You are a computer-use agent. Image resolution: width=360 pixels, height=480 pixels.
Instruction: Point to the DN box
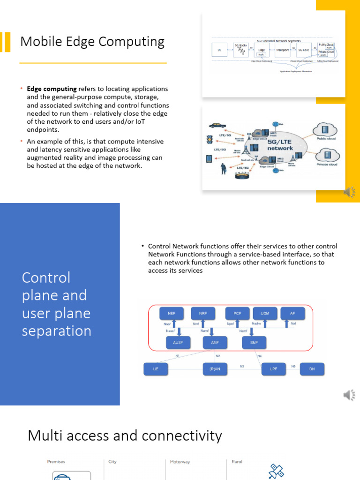(312, 369)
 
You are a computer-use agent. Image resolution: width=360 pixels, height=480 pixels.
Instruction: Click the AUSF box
(178, 343)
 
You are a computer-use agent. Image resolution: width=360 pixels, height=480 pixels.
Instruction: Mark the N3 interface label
(242, 366)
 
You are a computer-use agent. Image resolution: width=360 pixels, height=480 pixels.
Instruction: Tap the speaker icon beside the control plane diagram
(349, 395)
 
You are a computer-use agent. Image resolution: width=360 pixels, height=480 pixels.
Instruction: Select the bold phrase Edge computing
(52, 89)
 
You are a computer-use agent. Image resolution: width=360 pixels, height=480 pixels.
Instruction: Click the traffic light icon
(210, 140)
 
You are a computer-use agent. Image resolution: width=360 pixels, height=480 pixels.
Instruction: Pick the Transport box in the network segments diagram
(283, 49)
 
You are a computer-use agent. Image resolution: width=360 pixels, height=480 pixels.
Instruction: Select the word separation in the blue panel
(56, 331)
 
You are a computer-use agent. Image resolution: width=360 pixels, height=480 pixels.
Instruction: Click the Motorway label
(180, 462)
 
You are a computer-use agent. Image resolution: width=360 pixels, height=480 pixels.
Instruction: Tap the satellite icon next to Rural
(276, 471)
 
